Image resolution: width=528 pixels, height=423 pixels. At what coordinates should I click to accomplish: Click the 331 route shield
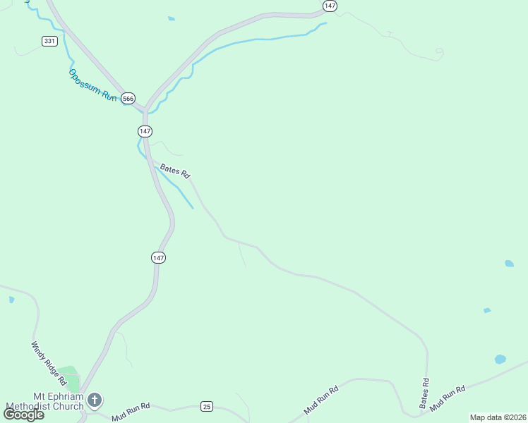[x=49, y=41]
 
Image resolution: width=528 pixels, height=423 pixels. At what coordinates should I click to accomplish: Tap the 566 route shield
[x=128, y=99]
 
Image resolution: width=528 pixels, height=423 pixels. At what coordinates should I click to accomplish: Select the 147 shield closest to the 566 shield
[x=145, y=131]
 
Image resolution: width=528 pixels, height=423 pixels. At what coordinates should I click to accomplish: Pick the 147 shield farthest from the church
[x=330, y=6]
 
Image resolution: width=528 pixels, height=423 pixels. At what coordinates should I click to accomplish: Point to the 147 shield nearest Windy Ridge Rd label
[x=158, y=258]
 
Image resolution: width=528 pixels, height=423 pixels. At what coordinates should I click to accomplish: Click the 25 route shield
[x=206, y=406]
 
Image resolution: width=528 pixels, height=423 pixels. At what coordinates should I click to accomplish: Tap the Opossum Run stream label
[x=92, y=85]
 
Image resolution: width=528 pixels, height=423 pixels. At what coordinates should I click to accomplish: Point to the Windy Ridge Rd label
[x=48, y=363]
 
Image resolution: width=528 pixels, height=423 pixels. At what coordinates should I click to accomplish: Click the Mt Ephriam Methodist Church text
[x=44, y=401]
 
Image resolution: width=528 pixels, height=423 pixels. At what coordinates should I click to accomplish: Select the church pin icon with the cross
[x=95, y=401]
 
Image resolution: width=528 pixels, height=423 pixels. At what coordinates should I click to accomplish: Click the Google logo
[x=24, y=415]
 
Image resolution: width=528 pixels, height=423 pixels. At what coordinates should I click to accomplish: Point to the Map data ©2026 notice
[x=498, y=417]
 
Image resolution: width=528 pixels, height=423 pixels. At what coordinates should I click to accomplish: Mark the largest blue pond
[x=500, y=359]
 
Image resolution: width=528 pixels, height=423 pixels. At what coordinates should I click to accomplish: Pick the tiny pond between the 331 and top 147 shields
[x=172, y=18]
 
